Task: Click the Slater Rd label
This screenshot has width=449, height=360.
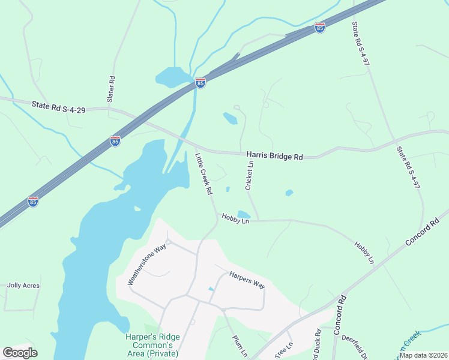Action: (x=112, y=88)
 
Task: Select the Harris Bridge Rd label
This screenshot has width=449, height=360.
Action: (x=274, y=156)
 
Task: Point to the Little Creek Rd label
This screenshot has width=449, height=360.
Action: (x=204, y=174)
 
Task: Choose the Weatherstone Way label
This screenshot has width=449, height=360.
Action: (x=146, y=265)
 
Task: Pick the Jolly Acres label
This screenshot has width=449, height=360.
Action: (x=23, y=286)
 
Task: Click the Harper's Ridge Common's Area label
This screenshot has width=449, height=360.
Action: (x=149, y=345)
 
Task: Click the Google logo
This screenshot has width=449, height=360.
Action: (x=20, y=353)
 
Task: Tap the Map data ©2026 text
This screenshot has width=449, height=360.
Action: (x=423, y=355)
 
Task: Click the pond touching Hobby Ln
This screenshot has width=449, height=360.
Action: (x=244, y=215)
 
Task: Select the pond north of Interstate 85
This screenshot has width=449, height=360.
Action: (x=173, y=77)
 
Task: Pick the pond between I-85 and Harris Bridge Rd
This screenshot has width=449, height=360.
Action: (x=230, y=118)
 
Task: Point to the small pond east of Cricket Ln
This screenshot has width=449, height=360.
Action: (x=289, y=193)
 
